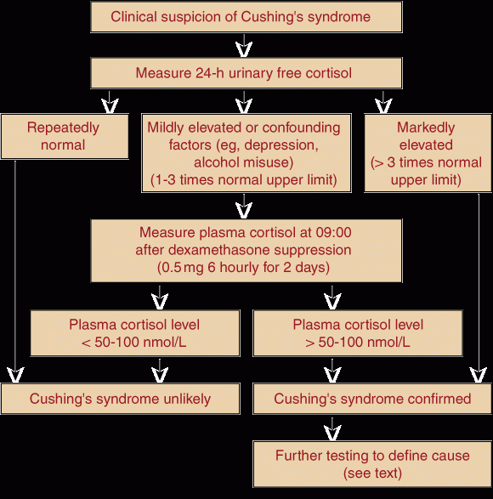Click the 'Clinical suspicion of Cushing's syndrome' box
246,17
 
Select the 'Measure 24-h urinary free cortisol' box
246,73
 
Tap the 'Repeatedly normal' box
65,136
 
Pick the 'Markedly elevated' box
428,153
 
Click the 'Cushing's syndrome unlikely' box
121,399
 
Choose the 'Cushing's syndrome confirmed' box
372,399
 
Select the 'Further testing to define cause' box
372,464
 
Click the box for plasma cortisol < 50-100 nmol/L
135,333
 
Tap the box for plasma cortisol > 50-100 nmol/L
358,333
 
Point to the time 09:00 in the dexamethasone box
333,232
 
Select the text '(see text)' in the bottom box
372,473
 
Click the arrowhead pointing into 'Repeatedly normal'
110,105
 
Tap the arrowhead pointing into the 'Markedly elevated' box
383,105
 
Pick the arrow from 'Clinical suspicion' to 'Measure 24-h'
244,46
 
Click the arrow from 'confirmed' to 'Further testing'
332,428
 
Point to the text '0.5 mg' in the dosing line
183,268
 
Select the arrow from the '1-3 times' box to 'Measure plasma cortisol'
244,207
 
